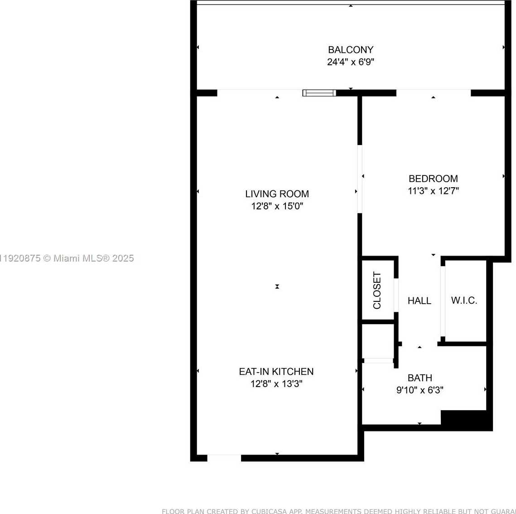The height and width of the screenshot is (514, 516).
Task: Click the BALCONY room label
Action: pyautogui.click(x=351, y=50)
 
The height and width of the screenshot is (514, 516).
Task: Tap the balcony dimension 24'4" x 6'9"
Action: pyautogui.click(x=351, y=62)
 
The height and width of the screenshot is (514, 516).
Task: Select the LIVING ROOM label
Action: pyautogui.click(x=277, y=194)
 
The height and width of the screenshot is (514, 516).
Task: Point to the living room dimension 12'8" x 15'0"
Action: pyautogui.click(x=277, y=206)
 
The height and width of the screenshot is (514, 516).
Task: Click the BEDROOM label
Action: pyautogui.click(x=433, y=179)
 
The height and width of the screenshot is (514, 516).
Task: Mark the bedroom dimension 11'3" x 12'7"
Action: pyautogui.click(x=433, y=191)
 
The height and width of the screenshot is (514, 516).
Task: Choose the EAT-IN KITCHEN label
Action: pyautogui.click(x=276, y=372)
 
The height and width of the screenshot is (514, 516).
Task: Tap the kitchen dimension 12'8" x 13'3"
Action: pyautogui.click(x=276, y=384)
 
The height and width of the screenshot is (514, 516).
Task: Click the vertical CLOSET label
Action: pyautogui.click(x=377, y=291)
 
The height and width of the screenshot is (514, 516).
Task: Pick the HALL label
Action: pyautogui.click(x=419, y=301)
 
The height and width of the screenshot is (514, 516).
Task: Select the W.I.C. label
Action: pyautogui.click(x=464, y=301)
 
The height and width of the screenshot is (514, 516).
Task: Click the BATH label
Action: pyautogui.click(x=420, y=378)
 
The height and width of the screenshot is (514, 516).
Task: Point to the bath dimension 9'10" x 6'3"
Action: pyautogui.click(x=420, y=390)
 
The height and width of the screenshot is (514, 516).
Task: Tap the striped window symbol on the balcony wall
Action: pyautogui.click(x=319, y=93)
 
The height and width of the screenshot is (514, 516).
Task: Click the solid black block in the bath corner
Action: pyautogui.click(x=466, y=420)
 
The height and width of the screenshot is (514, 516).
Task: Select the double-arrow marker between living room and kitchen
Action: pyautogui.click(x=277, y=286)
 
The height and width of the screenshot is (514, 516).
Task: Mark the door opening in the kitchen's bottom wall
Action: pyautogui.click(x=224, y=458)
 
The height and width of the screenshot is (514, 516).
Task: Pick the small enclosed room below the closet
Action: pyautogui.click(x=377, y=340)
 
